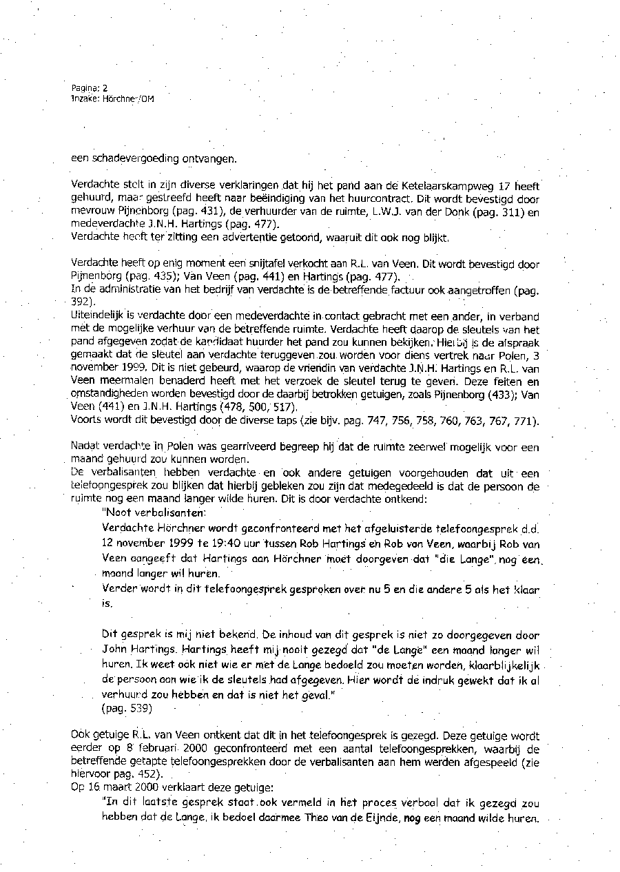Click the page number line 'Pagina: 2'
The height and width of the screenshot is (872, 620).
click(x=90, y=88)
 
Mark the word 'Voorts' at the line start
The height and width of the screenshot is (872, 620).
click(x=86, y=421)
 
